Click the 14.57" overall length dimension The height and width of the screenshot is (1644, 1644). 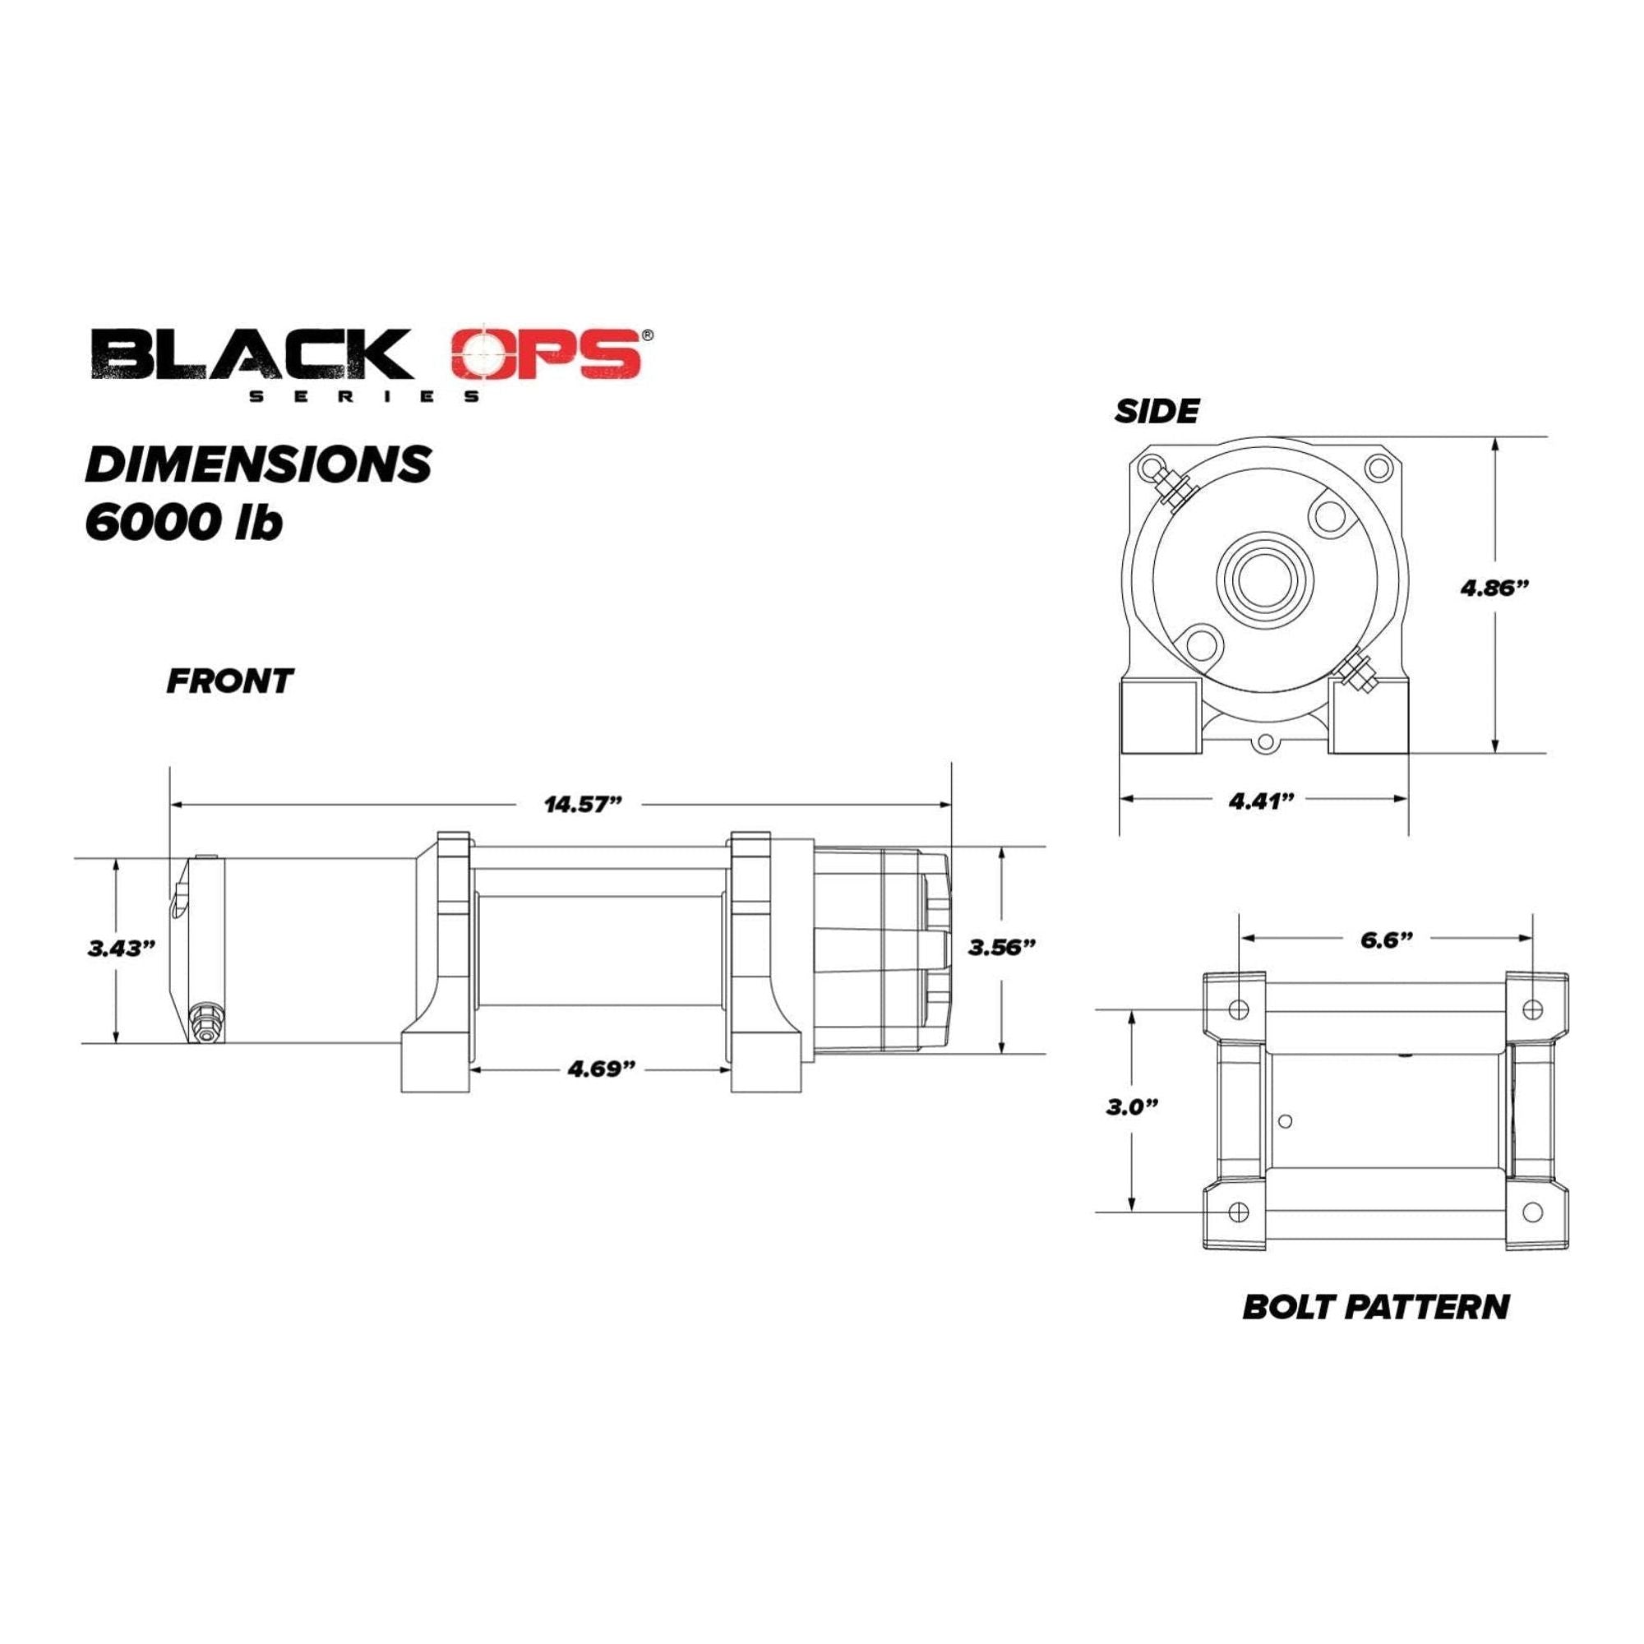pos(584,804)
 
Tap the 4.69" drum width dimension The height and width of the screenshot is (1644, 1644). pos(602,1069)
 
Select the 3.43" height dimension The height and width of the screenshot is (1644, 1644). pos(122,948)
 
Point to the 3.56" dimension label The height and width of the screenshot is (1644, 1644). pos(1003,947)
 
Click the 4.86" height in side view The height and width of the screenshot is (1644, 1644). pos(1495,587)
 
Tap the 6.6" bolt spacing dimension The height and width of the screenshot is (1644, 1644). pos(1386,939)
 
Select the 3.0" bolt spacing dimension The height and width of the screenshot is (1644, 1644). pos(1133,1107)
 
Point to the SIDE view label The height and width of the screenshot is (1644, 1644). pos(1157,412)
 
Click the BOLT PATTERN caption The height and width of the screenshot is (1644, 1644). pos(1376,1307)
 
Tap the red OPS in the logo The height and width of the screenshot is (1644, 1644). pos(546,355)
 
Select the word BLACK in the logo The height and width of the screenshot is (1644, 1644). pos(251,356)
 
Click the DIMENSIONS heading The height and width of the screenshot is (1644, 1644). pos(258,464)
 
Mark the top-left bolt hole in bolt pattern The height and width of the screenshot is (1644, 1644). pos(1239,1009)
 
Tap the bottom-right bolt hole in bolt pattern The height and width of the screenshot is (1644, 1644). pos(1531,1212)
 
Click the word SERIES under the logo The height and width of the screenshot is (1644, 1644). pos(364,396)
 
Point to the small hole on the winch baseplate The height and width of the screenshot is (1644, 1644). pos(1286,1120)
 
